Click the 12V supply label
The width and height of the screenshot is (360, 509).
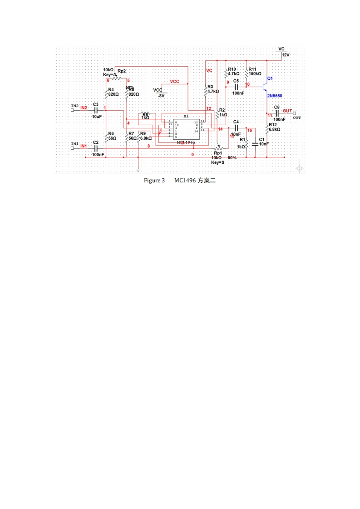coord(286,54)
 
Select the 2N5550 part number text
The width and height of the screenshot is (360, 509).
coord(274,96)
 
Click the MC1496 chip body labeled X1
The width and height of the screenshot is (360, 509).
coord(186,129)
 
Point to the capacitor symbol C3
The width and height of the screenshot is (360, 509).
coord(96,110)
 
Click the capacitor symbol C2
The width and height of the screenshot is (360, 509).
coord(96,148)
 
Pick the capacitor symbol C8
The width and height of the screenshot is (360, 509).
coord(277,113)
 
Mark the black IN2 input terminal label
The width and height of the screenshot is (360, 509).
coord(74,105)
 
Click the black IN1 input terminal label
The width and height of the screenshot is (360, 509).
coord(74,143)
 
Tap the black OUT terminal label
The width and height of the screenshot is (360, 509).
coord(297,117)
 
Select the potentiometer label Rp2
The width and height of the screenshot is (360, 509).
coord(122,71)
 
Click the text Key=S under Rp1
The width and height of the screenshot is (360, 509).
coord(218,162)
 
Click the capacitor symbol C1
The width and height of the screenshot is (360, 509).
coord(255,144)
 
